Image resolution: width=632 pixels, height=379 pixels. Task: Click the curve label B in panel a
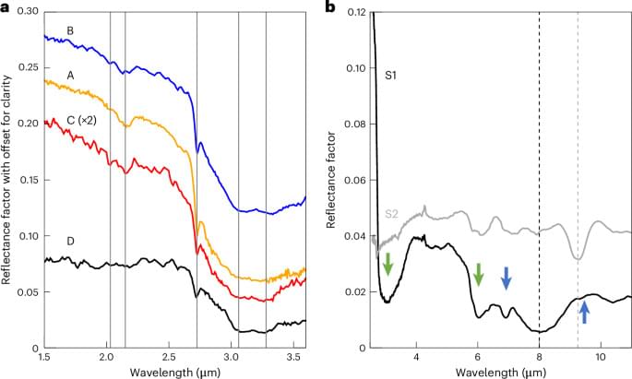69,30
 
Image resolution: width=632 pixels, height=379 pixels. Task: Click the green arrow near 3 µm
388,264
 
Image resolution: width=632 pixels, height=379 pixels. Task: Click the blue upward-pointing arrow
583,312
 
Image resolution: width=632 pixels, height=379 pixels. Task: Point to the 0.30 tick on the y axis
28,11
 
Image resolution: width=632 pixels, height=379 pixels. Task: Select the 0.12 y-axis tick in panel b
355,11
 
